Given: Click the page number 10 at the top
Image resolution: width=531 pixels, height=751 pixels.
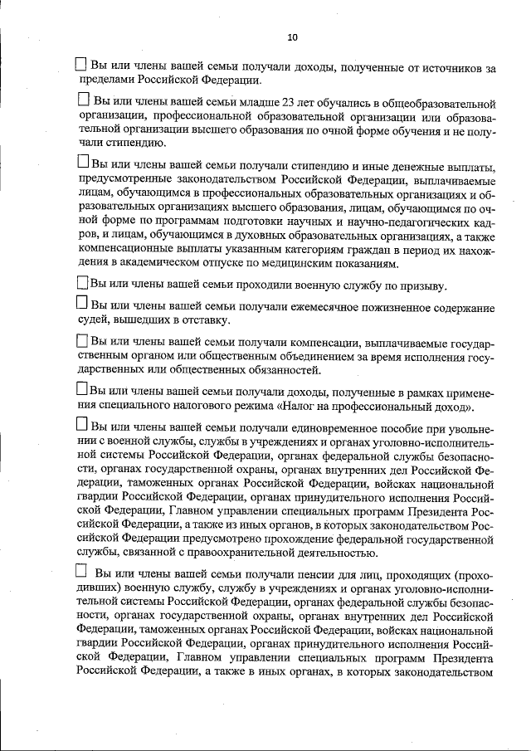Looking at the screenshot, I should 291,37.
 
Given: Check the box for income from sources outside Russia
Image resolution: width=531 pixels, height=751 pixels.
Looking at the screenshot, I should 81,65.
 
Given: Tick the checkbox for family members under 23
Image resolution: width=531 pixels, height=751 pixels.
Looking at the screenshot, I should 83,100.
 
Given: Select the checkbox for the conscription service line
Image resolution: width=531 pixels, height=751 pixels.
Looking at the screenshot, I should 82,283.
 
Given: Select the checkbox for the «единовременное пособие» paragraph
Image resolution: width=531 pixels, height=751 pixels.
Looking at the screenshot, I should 82,425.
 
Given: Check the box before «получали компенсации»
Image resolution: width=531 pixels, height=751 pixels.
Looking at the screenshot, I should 81,340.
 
